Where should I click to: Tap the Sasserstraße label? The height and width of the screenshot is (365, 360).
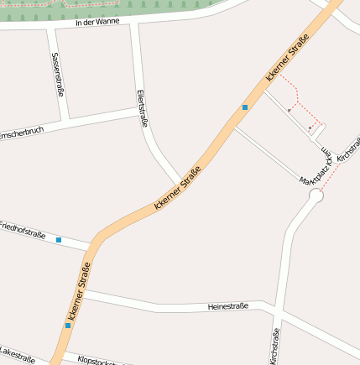57,73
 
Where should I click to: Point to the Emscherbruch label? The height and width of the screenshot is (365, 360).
20,133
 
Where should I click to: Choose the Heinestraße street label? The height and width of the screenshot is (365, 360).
227,307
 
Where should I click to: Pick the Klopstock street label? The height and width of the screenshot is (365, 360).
102,361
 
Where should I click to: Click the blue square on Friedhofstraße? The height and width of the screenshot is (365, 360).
59,240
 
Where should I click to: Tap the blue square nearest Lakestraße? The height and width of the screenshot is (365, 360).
68,325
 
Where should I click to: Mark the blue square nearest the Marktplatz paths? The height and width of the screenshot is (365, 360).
245,107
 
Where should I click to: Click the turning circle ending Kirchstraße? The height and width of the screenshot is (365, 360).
316,196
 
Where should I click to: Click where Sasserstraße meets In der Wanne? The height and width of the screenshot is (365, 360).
51,29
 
